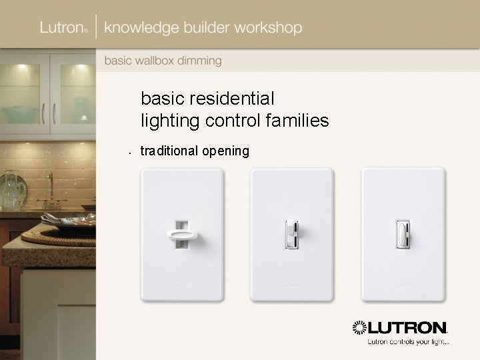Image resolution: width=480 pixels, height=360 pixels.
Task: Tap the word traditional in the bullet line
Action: point(169,151)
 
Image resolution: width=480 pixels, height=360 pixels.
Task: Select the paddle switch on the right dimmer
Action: point(403,234)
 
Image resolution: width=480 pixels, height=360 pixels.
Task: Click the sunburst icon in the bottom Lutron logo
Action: point(360,328)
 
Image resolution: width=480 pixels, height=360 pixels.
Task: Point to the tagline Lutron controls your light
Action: point(408,343)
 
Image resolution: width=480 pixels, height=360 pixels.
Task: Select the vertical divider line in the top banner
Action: point(97,28)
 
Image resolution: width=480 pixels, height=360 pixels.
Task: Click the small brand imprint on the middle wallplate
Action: point(291,285)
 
